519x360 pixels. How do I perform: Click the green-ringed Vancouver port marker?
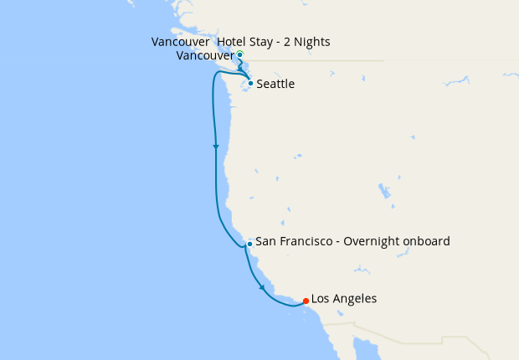coord(240,55)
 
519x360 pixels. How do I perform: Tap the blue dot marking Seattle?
coord(250,84)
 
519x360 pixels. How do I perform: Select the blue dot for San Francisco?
coord(249,244)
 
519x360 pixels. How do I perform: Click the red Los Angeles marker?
coord(306,301)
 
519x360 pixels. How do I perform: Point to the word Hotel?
coord(232,42)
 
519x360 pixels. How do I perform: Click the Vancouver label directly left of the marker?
coord(205,56)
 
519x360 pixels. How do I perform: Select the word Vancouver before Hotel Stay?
coord(181,42)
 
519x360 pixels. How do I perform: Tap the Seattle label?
coord(275,85)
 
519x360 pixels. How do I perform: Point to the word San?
coord(265,241)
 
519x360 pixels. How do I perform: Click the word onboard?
coord(428,241)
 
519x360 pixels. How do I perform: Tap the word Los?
coord(321,299)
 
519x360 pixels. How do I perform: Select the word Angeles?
coord(355,299)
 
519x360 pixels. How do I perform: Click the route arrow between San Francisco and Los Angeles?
coord(262,288)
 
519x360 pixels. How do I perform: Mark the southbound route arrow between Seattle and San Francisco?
coord(216,147)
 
